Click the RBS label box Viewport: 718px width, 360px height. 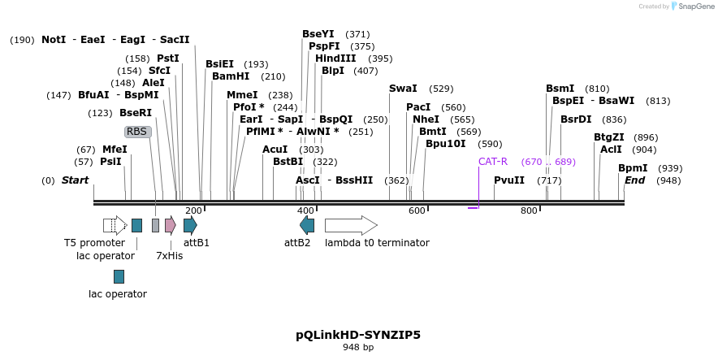click(137, 132)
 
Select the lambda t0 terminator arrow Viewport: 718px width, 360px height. click(351, 225)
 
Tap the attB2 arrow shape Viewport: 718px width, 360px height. click(307, 225)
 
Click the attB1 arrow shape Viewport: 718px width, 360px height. click(190, 225)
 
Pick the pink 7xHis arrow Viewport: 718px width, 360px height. click(170, 225)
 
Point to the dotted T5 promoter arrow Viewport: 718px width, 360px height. click(115, 225)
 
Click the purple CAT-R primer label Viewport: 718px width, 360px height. click(492, 162)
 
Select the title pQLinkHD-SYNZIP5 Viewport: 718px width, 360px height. click(358, 335)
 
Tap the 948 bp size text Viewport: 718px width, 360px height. click(358, 348)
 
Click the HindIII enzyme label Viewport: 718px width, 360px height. click(335, 59)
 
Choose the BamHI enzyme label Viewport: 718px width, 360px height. click(231, 76)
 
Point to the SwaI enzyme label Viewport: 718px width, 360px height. click(403, 89)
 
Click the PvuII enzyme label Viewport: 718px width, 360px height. click(509, 180)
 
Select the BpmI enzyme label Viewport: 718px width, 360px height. click(633, 168)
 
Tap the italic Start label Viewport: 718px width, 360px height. click(76, 180)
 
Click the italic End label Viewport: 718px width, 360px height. click(634, 180)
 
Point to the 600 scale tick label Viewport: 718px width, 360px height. click(417, 211)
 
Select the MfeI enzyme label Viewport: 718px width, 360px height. click(115, 150)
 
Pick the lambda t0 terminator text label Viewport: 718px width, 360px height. click(377, 243)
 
